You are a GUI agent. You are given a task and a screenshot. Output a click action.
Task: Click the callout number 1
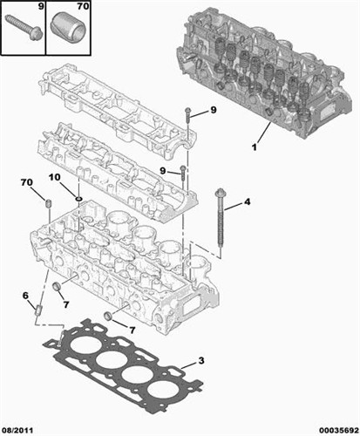point(255,147)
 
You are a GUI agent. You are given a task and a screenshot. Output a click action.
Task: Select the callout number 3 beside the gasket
point(201,361)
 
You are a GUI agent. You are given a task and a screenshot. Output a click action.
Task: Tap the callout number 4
point(247,201)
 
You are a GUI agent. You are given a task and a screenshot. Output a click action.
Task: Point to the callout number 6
point(25,296)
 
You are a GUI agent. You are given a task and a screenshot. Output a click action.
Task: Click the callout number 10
point(54,177)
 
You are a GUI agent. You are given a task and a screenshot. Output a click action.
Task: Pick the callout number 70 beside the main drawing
point(27,182)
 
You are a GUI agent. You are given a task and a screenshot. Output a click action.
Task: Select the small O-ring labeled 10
point(78,199)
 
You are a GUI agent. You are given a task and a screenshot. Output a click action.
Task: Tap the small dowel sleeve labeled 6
point(38,310)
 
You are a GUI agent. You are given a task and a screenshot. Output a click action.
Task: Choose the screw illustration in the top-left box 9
point(24,27)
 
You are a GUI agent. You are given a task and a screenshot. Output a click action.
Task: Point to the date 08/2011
point(17,430)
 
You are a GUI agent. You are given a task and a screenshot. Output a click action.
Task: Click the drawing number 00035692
point(339,430)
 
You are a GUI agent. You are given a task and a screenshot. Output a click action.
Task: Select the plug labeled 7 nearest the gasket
point(108,317)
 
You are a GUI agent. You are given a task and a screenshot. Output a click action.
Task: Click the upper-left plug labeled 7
point(56,286)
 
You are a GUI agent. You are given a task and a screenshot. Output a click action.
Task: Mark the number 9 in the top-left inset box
point(41,6)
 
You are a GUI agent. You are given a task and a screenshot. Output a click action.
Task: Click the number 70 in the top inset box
point(83,6)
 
